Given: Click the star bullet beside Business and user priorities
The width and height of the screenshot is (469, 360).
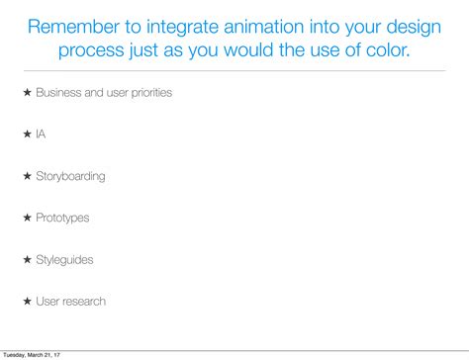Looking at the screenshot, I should tap(28, 93).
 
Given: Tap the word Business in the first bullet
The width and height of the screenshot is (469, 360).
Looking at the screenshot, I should tap(59, 93).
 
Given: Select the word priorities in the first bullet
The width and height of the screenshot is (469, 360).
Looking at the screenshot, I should tap(146, 93).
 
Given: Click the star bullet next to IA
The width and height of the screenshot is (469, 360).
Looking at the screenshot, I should tap(28, 135).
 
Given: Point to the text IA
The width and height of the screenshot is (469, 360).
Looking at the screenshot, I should tap(41, 135).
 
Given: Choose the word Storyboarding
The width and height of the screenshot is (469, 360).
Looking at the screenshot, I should tap(70, 176).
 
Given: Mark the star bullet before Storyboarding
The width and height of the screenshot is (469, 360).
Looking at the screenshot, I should tap(28, 176).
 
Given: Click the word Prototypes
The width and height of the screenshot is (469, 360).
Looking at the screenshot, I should tap(62, 218).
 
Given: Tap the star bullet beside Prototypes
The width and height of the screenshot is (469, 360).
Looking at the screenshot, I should tap(28, 218).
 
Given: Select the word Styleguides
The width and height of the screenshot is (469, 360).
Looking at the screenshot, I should tap(64, 259).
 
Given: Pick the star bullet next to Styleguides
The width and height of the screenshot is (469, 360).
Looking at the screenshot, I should tap(28, 259).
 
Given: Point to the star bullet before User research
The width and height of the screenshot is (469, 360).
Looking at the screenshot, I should tap(28, 301).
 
